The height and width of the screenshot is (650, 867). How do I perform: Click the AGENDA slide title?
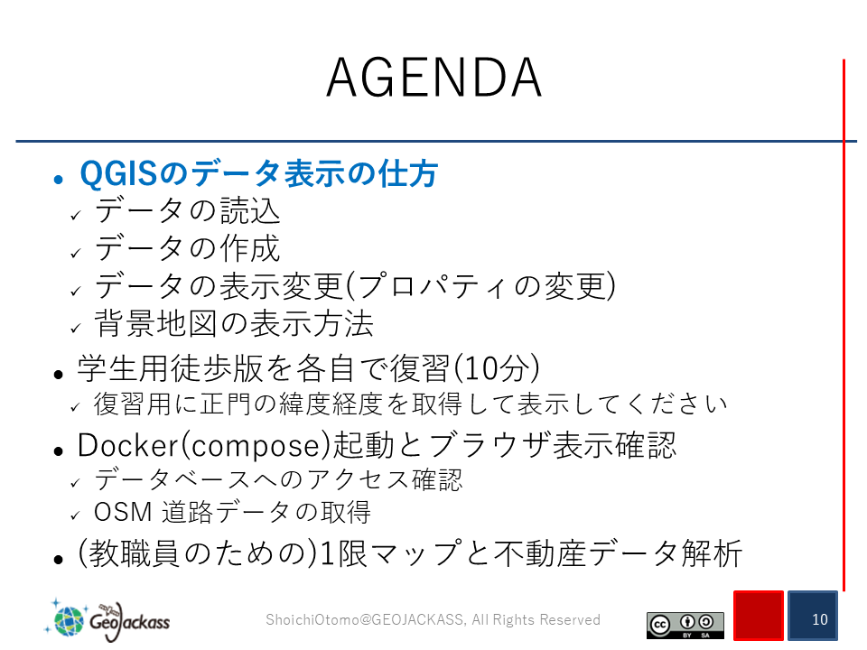[433, 78]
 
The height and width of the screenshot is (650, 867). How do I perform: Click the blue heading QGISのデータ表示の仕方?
[259, 173]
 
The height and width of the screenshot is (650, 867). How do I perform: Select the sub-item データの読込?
[188, 210]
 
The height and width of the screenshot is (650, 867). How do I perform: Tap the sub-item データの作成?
[188, 248]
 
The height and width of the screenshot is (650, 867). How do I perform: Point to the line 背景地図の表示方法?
[234, 323]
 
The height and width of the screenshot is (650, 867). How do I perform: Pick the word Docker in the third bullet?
[127, 445]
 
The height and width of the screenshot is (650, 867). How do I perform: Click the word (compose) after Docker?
[255, 446]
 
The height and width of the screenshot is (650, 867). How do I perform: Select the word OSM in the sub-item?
[123, 512]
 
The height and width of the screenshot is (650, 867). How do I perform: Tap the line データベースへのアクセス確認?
[278, 479]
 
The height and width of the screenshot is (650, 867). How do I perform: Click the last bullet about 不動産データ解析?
[409, 553]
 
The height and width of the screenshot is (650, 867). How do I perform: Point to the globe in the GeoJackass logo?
[68, 619]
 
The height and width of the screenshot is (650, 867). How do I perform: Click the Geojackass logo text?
[130, 621]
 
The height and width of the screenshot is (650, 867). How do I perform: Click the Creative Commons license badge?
[685, 625]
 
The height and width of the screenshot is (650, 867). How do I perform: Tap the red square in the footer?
[759, 615]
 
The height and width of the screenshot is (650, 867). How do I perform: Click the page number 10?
[820, 619]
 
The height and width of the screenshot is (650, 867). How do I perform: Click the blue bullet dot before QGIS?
[59, 179]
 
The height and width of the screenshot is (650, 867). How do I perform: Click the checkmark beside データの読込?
[76, 216]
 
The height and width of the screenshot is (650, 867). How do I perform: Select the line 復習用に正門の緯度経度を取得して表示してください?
[410, 404]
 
